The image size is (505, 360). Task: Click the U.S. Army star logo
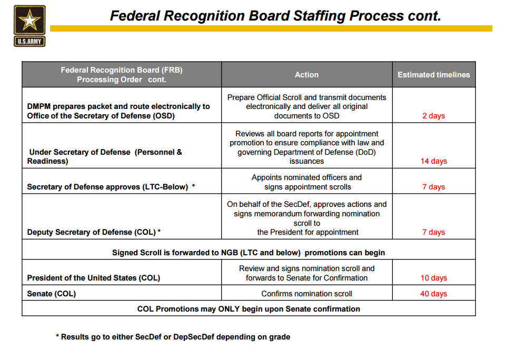pos(29,25)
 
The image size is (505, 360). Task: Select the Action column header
pos(306,75)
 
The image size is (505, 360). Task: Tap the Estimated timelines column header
pos(433,75)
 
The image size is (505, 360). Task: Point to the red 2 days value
pos(433,116)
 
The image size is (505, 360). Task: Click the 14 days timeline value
pos(433,161)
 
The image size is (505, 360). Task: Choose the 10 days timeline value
pos(433,278)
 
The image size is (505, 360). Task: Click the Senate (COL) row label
pos(52,294)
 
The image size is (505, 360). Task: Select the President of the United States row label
pos(94,278)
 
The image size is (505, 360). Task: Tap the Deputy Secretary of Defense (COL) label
pos(94,232)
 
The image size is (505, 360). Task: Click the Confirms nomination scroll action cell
pos(306,294)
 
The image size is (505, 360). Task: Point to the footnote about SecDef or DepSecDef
pos(173,337)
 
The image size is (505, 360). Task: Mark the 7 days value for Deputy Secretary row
pos(433,232)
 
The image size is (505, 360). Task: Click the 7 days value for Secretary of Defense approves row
pos(433,187)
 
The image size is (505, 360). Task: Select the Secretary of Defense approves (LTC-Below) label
pos(111,187)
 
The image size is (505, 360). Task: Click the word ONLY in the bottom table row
pos(229,309)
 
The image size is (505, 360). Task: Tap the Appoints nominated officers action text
pos(306,177)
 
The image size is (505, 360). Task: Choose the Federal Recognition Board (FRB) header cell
pos(121,75)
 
